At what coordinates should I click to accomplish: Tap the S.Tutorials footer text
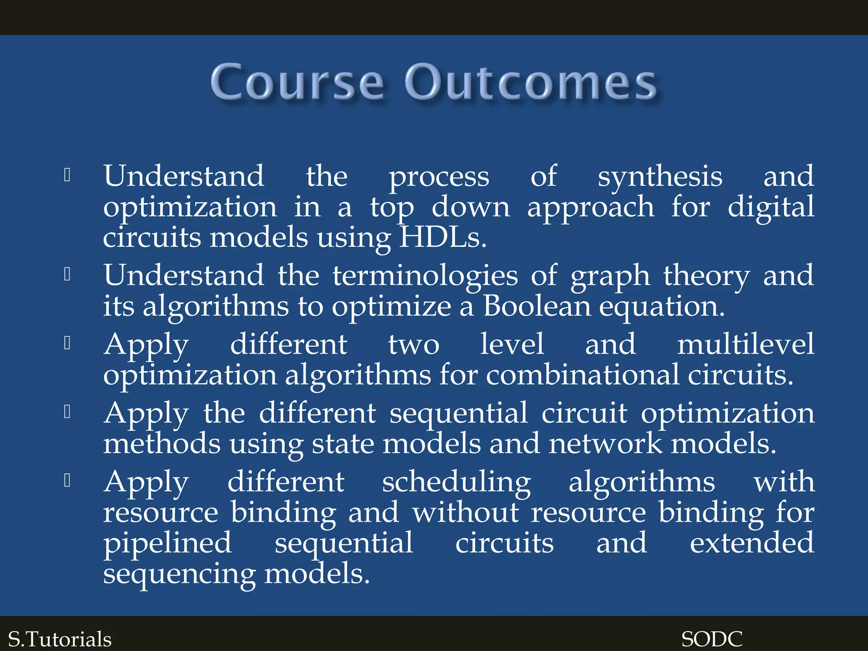point(60,639)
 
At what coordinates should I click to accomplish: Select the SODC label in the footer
point(712,639)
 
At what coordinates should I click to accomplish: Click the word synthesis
point(659,177)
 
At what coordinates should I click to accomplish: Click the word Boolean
point(537,306)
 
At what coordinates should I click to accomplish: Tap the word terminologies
point(425,276)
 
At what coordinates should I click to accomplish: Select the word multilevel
point(746,344)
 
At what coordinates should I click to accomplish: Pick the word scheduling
point(456,483)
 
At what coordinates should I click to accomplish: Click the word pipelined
point(167,544)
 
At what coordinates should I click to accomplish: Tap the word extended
point(751,543)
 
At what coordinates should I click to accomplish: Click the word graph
point(610,276)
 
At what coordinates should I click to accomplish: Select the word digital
point(771,208)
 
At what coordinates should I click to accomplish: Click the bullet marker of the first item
point(67,175)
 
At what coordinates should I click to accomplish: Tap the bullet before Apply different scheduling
point(67,481)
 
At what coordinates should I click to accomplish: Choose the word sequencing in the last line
point(179,575)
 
